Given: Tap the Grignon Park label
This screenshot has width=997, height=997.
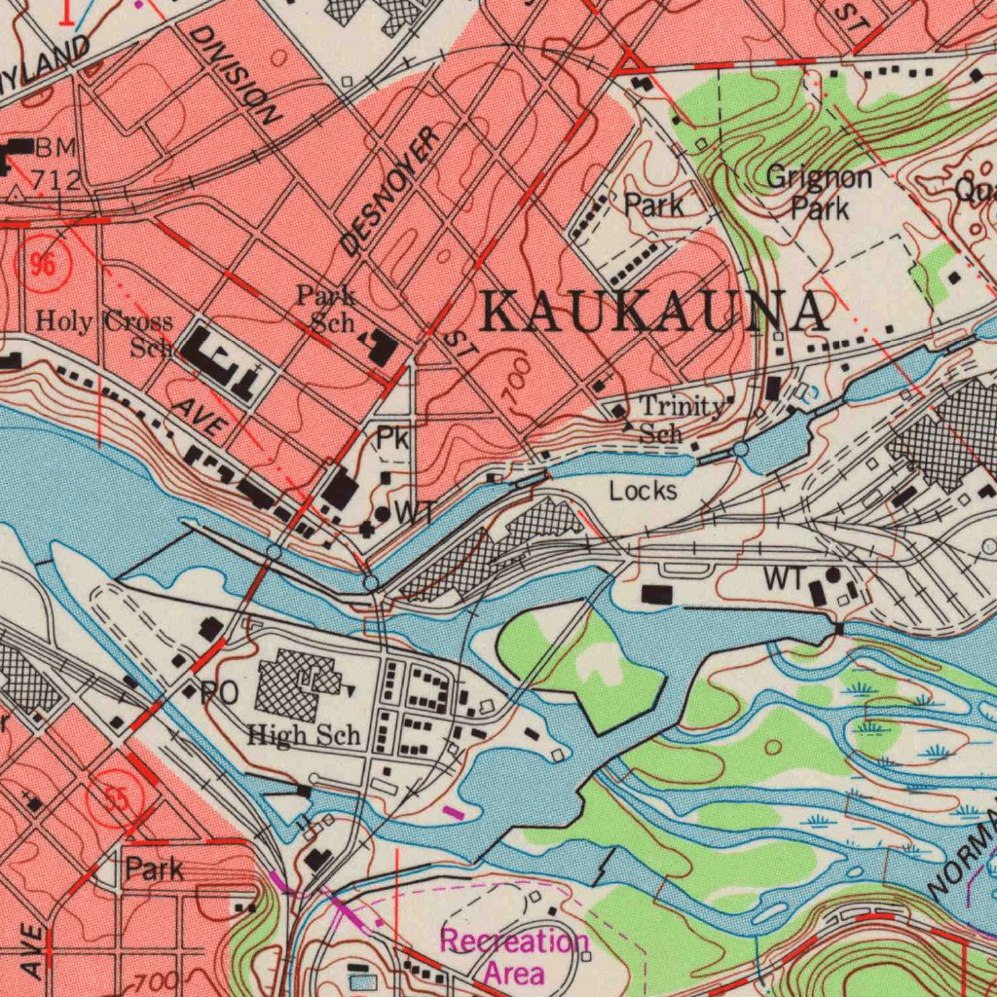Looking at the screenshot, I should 818,193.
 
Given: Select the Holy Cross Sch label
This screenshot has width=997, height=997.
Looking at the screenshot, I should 104,332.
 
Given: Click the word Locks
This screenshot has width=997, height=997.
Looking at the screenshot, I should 643,491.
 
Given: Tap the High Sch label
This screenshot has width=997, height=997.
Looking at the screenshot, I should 303,735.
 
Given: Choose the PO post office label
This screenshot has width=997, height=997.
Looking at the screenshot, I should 218,694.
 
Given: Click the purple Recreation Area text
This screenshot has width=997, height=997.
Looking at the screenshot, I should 514,956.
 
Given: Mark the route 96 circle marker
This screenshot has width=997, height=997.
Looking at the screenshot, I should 42,265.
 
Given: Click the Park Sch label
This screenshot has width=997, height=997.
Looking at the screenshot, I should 327,308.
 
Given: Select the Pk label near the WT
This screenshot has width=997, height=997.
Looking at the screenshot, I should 391,440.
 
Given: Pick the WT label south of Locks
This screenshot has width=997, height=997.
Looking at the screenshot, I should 785,577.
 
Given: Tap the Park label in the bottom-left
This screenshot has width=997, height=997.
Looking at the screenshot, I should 154,868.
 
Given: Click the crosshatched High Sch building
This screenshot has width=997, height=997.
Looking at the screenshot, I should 298,686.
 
